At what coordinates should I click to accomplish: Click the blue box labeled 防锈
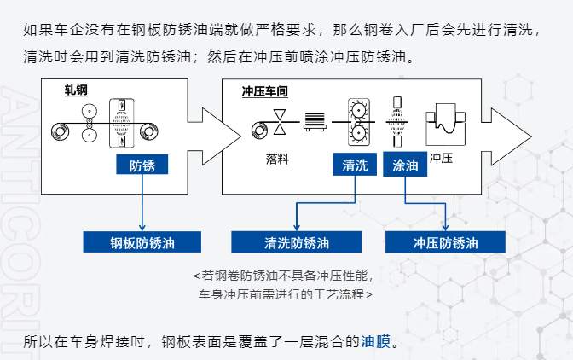coord(141,165)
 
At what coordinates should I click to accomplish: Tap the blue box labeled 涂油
coord(404,165)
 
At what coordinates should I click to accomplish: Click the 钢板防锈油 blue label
coord(142,242)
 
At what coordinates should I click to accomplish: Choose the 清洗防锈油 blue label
coord(296,242)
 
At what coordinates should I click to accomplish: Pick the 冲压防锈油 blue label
coord(445,242)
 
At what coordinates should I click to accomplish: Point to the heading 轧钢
coord(76,90)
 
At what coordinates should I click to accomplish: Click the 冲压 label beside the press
coord(440,158)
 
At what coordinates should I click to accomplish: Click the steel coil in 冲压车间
coord(259,128)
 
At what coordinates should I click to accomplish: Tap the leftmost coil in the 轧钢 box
coord(61,131)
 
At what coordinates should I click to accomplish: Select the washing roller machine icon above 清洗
coord(355,125)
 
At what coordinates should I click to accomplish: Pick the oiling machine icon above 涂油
coord(396,125)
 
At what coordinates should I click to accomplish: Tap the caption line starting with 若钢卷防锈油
coord(284,276)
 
